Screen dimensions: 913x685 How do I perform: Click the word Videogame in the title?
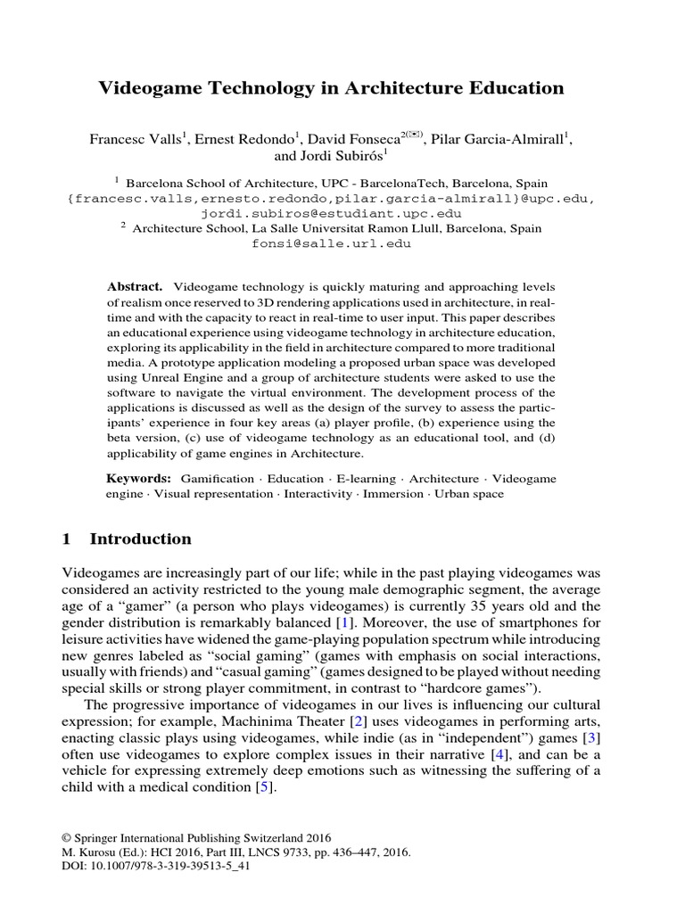(x=143, y=87)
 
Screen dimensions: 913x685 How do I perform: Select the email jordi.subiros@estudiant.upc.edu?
(x=330, y=213)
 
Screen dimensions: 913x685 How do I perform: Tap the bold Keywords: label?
(x=138, y=479)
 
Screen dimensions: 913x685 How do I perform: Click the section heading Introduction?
(x=141, y=539)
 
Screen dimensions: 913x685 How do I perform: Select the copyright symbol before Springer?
(x=65, y=838)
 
